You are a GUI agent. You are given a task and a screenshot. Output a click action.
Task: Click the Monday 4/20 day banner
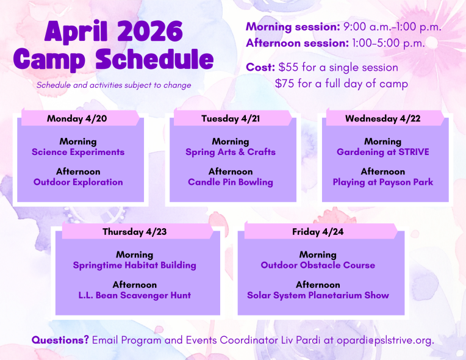pos(77,118)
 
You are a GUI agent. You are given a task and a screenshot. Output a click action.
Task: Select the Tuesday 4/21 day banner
pos(231,118)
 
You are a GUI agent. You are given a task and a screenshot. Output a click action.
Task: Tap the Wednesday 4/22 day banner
pos(382,118)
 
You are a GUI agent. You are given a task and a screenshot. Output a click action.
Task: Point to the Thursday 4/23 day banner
pos(134,232)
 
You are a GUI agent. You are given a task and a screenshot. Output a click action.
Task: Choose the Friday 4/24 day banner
pos(318,232)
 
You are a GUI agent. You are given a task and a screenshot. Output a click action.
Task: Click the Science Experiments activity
pos(78,152)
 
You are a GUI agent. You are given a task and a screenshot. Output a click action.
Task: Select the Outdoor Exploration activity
pos(78,182)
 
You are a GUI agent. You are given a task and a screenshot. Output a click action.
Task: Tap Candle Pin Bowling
pos(231,182)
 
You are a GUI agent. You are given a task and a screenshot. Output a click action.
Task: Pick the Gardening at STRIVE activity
pos(382,152)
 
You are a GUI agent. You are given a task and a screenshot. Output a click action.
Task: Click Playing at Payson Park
pos(382,182)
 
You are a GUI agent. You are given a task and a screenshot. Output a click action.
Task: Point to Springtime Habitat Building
pos(134,265)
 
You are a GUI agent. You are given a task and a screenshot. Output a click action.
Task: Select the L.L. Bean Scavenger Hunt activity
pos(134,295)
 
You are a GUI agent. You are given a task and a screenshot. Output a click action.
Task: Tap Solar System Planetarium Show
pos(318,295)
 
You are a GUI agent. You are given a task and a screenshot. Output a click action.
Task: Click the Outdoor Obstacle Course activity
pos(318,265)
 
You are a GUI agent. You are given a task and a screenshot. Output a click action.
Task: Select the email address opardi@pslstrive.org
pos(381,340)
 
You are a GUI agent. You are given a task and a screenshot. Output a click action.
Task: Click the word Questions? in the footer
pos(60,340)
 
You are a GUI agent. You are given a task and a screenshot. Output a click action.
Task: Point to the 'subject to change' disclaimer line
pos(113,85)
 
